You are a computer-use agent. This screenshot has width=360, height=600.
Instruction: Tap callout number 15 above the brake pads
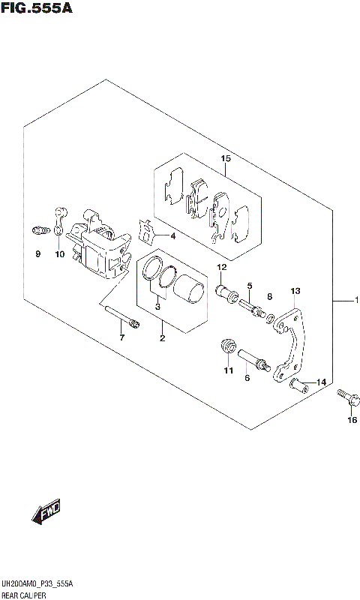click(225, 158)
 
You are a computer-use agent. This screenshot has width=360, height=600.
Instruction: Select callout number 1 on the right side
click(358, 301)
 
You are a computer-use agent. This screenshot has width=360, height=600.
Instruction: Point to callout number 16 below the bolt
click(352, 420)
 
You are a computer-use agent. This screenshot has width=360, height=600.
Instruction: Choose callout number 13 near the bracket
click(295, 290)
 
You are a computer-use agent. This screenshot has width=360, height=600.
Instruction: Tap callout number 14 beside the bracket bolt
click(322, 382)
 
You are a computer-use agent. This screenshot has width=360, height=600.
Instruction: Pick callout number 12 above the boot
click(222, 268)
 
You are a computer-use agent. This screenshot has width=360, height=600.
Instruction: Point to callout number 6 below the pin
click(246, 378)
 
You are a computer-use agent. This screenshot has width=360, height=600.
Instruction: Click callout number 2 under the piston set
click(161, 339)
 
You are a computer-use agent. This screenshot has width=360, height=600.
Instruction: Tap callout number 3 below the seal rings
click(157, 306)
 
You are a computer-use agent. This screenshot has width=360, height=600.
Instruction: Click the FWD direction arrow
click(46, 512)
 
